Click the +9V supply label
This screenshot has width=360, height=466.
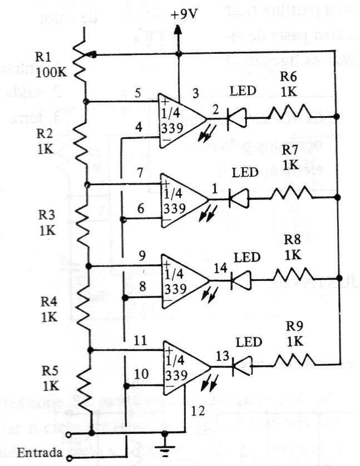pyautogui.click(x=184, y=15)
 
